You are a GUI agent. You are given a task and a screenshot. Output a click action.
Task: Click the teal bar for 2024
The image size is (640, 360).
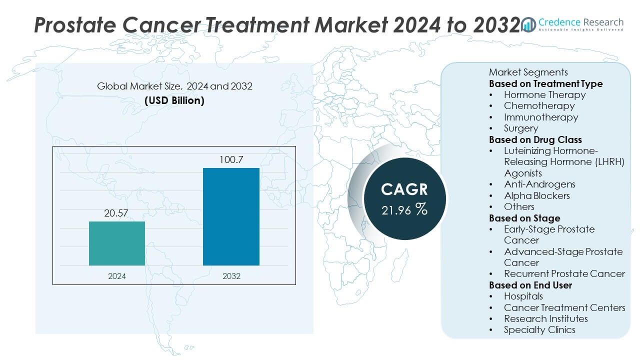click(x=117, y=243)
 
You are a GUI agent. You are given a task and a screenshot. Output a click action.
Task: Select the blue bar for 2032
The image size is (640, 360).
click(x=231, y=216)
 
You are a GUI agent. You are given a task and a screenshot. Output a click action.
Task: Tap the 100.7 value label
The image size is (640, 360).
click(x=231, y=160)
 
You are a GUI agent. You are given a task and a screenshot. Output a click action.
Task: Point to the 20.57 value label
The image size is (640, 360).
click(x=117, y=213)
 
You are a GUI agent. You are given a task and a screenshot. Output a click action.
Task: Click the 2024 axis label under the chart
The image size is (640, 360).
click(x=117, y=276)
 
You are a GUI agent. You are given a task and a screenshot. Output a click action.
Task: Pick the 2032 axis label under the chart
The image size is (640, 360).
click(x=231, y=276)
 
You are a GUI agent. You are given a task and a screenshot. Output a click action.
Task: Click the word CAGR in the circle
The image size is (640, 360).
click(x=404, y=189)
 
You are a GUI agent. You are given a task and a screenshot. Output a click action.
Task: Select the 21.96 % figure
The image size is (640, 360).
click(x=404, y=210)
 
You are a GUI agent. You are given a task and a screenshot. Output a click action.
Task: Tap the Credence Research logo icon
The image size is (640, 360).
click(x=528, y=23)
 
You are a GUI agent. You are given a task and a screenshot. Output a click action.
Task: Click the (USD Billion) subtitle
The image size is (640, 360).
click(x=174, y=100)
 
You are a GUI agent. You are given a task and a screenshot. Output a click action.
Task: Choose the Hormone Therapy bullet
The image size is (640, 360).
click(x=544, y=94)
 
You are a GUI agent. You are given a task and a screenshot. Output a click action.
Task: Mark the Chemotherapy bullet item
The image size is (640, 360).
click(x=539, y=105)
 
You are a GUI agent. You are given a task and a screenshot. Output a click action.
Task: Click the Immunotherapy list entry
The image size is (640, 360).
click(x=540, y=117)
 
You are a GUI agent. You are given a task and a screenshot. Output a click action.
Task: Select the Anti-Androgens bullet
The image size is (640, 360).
click(x=539, y=184)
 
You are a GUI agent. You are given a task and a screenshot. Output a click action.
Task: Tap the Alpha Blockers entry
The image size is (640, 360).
click(x=536, y=195)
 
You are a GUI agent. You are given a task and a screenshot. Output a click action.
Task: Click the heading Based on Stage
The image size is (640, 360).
click(x=524, y=218)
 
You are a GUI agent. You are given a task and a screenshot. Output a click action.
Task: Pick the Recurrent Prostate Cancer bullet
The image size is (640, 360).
click(x=564, y=273)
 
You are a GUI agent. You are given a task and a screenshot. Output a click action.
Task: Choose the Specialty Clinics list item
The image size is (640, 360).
click(x=539, y=329)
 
